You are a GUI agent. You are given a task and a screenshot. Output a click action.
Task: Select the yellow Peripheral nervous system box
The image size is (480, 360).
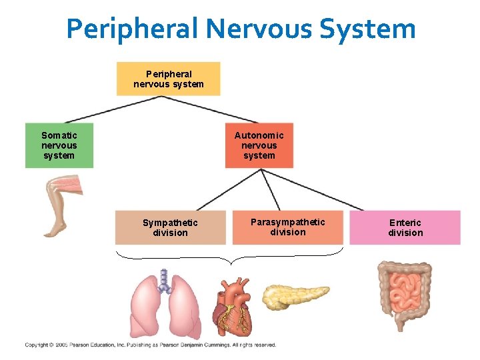[168, 79]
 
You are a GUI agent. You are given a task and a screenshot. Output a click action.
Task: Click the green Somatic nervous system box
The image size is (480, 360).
[59, 145]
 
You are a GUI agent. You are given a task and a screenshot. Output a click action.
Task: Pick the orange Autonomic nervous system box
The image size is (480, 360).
[259, 145]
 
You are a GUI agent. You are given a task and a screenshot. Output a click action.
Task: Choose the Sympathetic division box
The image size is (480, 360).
[170, 227]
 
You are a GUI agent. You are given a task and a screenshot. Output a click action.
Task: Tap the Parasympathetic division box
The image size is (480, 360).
[287, 227]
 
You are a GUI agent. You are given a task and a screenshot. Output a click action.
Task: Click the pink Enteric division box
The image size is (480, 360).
[405, 227]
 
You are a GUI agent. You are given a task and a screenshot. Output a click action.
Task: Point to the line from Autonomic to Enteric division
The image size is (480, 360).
[313, 189]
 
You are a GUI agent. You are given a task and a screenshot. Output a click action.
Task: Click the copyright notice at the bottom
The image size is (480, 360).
[151, 345]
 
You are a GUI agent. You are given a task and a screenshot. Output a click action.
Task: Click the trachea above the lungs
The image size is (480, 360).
[164, 277]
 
